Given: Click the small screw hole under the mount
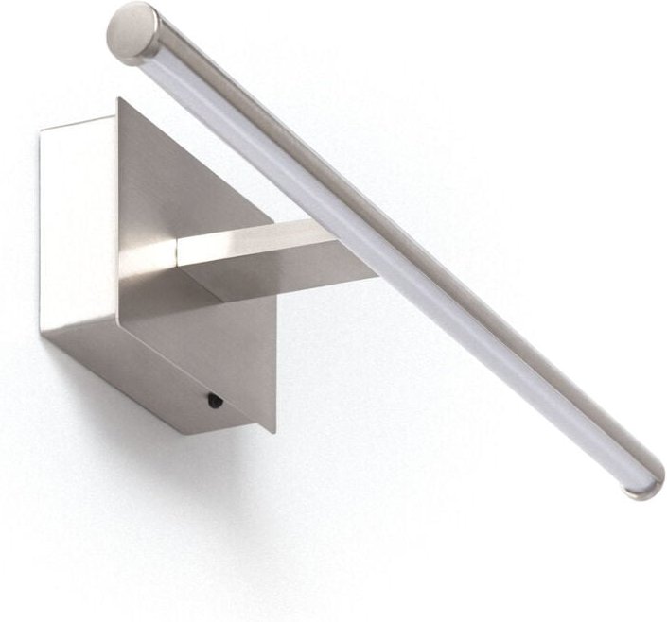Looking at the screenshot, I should [x=215, y=400].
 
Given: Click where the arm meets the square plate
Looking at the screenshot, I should [x=179, y=253].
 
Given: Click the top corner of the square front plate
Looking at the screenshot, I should [x=120, y=99].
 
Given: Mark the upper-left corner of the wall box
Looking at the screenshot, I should [x=42, y=132].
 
